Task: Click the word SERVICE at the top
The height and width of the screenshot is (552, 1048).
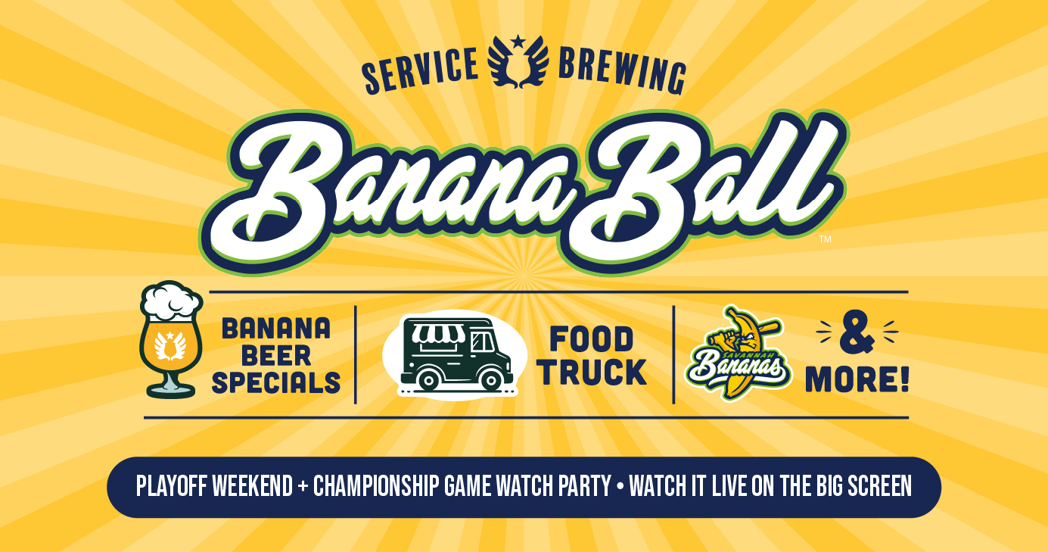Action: [x=420, y=70]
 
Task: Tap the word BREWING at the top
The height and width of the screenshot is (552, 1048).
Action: [x=622, y=70]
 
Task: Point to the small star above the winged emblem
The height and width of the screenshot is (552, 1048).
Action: [x=518, y=42]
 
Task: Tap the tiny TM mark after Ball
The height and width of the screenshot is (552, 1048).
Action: [x=826, y=239]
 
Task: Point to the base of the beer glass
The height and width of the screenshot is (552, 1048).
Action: [x=171, y=389]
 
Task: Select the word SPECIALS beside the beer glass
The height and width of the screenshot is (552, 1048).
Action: [x=276, y=383]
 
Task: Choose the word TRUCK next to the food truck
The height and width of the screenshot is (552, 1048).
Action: [x=593, y=373]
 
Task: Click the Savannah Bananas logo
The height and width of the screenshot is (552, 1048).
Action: [x=738, y=354]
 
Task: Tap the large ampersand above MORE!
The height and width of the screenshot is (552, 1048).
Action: [x=857, y=333]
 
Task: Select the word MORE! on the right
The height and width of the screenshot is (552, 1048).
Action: [x=857, y=379]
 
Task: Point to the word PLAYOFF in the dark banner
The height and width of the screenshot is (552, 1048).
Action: [x=171, y=486]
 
